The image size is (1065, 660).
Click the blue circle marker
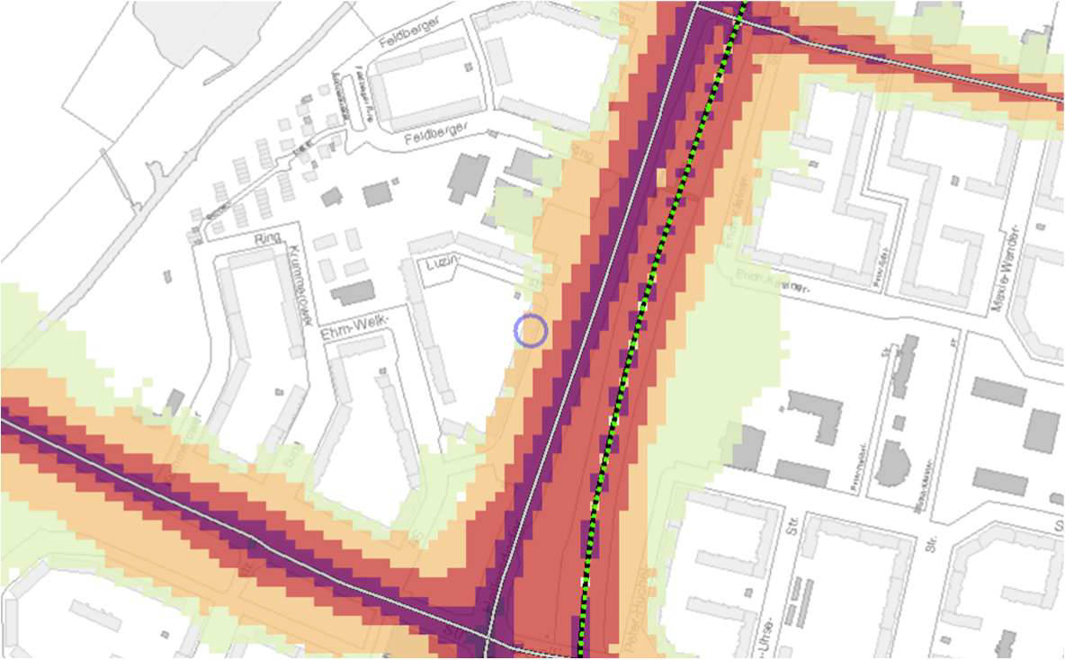[531, 331]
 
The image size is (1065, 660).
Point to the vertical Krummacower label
[298, 273]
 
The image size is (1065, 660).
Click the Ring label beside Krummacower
[268, 239]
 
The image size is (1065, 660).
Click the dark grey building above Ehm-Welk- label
[353, 292]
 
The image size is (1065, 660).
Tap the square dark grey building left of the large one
[378, 193]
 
